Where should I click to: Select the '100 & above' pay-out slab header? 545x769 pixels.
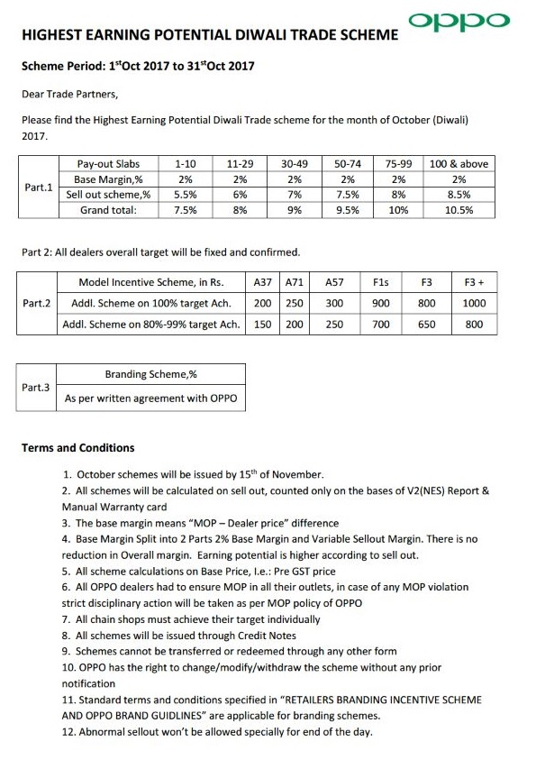pyautogui.click(x=459, y=164)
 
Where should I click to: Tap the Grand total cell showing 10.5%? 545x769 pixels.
pyautogui.click(x=459, y=210)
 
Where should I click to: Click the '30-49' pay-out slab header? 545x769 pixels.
pyautogui.click(x=294, y=164)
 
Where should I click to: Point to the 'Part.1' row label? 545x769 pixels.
pyautogui.click(x=38, y=188)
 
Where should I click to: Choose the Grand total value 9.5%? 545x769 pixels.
pyautogui.click(x=347, y=210)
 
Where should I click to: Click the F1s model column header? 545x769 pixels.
pyautogui.click(x=380, y=282)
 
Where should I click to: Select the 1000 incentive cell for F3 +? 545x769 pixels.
pyautogui.click(x=474, y=304)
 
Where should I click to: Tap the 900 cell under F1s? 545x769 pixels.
pyautogui.click(x=380, y=304)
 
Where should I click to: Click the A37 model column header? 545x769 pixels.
pyautogui.click(x=263, y=282)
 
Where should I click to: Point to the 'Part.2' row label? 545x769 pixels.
pyautogui.click(x=37, y=304)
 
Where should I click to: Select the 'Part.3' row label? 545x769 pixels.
pyautogui.click(x=37, y=387)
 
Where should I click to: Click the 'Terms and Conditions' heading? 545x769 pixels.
pyautogui.click(x=77, y=448)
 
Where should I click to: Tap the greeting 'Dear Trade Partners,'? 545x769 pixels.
pyautogui.click(x=69, y=93)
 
